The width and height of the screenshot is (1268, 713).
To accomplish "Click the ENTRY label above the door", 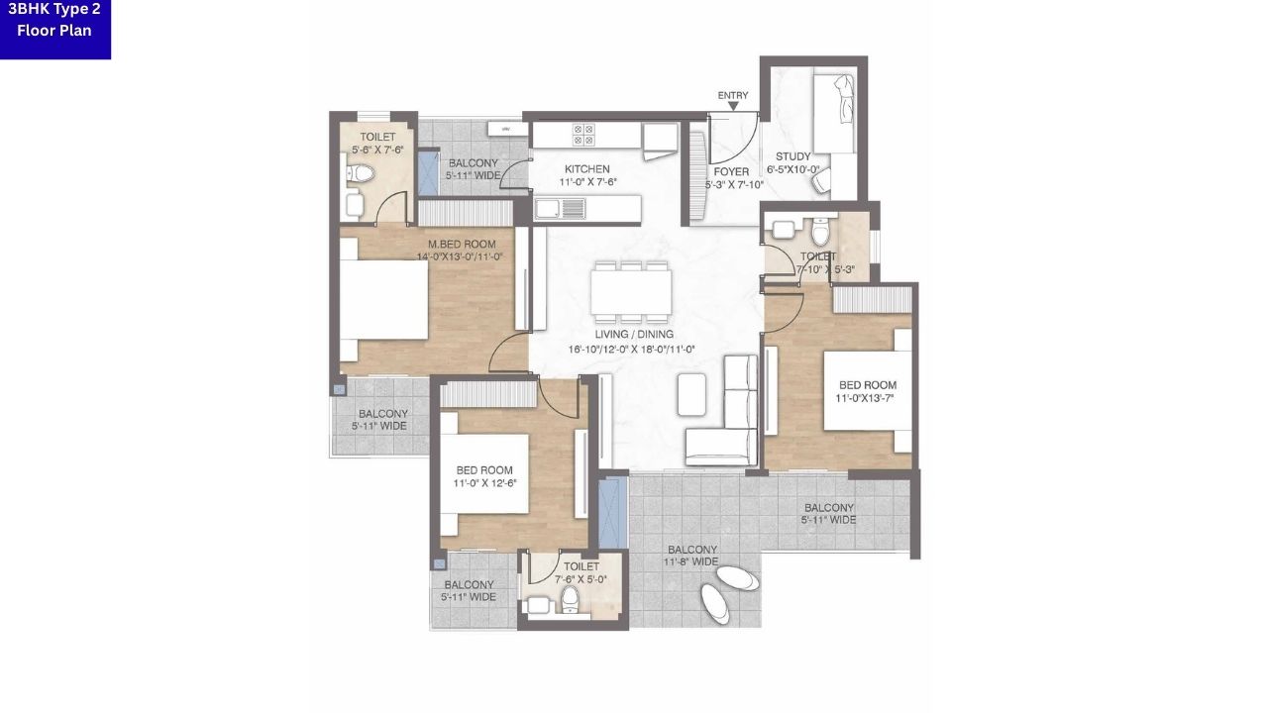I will tap(733, 95).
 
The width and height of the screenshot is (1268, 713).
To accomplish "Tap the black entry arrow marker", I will tap(733, 105).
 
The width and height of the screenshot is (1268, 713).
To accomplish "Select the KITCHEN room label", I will tap(586, 168).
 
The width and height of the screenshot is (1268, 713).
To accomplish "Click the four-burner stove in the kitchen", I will tap(582, 134).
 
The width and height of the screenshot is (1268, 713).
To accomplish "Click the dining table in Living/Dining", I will tap(631, 292).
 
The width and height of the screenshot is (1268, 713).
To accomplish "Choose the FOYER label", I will tap(733, 171).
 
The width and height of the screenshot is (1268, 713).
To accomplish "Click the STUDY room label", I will tap(793, 156).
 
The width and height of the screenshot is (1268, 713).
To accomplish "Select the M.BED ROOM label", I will tap(462, 245).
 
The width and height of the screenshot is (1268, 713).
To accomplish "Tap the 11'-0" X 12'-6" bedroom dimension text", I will tap(484, 484).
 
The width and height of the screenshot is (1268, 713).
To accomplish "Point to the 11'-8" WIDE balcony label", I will tap(692, 562).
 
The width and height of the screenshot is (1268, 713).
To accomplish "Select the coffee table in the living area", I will tap(692, 394).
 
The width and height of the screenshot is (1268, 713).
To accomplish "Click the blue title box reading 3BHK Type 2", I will tap(55, 29).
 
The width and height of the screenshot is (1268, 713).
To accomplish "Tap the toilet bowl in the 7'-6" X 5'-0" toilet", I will tap(570, 598).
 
